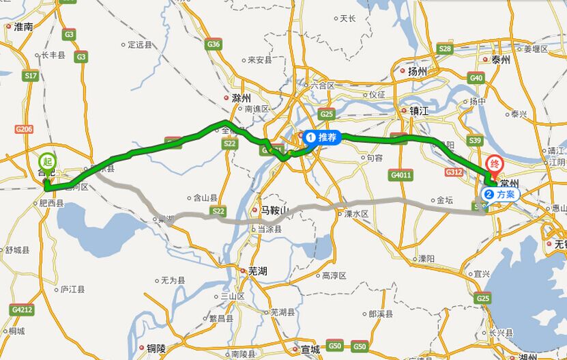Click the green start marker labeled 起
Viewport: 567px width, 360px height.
(x=47, y=162)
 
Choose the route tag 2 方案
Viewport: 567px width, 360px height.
(x=501, y=194)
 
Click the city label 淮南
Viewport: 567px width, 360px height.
(x=23, y=27)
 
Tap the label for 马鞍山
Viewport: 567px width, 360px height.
(x=270, y=210)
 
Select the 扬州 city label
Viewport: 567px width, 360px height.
(x=417, y=71)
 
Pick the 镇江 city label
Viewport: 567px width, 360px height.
(x=418, y=111)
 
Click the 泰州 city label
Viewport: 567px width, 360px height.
(x=500, y=60)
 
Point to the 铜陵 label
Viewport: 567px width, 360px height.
(x=156, y=348)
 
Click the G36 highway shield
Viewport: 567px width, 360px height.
(x=214, y=44)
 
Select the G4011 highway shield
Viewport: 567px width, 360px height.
(x=401, y=175)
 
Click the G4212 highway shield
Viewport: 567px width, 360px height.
(x=22, y=309)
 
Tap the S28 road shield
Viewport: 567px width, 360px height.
(x=445, y=49)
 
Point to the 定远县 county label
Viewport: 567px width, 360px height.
(x=139, y=45)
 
